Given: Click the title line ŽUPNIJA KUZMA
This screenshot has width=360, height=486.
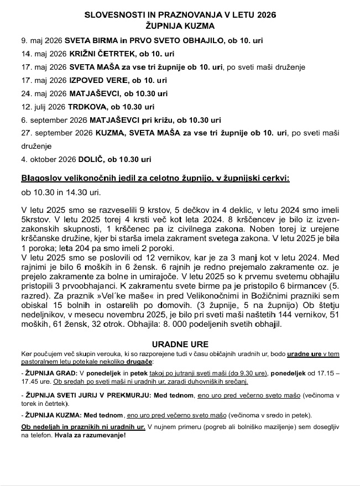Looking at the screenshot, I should pos(180,25).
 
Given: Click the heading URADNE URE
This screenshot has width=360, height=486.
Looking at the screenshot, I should pos(180,344).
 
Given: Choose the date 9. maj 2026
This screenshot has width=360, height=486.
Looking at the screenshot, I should pos(41,41).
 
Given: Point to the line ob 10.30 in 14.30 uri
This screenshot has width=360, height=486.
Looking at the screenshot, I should pos(61,192).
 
